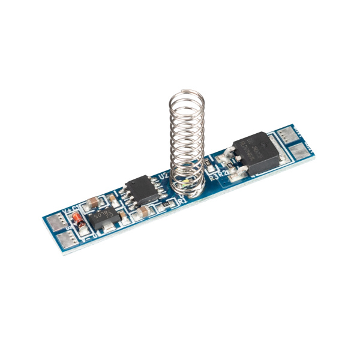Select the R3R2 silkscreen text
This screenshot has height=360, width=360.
click(217, 175)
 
